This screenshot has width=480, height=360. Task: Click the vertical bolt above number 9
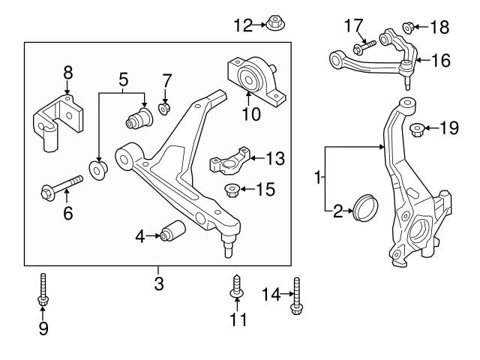click(x=43, y=289)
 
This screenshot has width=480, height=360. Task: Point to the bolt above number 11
click(x=237, y=287)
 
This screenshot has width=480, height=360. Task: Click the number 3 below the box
click(x=158, y=284)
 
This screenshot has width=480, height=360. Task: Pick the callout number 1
click(x=318, y=178)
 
